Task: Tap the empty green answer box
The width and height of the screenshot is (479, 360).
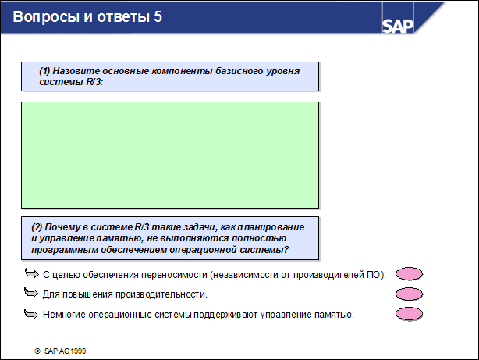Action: [169, 154]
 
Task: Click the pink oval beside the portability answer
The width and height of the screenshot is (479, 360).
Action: [410, 274]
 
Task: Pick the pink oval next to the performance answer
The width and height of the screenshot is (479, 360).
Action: [410, 294]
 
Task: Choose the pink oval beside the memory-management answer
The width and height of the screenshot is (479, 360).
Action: [410, 315]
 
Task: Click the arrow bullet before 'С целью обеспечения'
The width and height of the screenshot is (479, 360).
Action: [31, 273]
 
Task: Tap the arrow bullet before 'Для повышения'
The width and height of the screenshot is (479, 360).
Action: [31, 294]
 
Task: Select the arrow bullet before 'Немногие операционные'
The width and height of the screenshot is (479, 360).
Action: [31, 314]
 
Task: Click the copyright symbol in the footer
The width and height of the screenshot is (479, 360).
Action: [37, 351]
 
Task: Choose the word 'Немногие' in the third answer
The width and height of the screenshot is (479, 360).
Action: [63, 315]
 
